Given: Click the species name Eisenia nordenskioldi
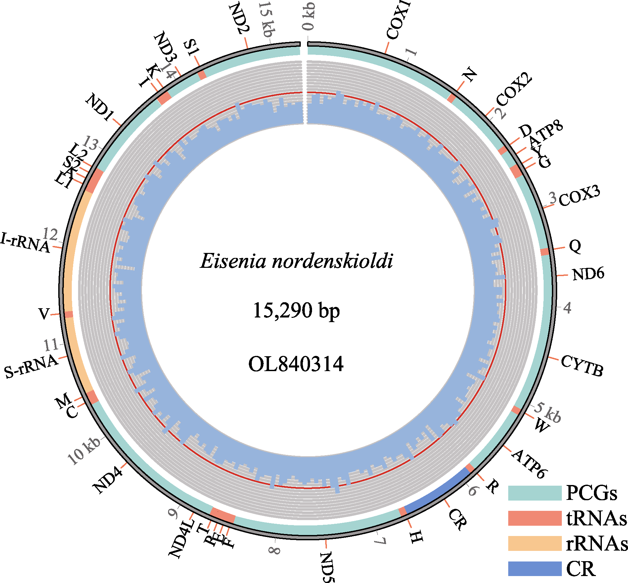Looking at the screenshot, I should [296, 261].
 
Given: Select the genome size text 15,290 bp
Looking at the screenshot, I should [296, 311].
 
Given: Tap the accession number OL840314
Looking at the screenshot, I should [296, 364].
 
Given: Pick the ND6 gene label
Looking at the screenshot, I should [588, 274].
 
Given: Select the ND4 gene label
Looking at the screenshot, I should [108, 479].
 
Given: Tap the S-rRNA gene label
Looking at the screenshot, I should [31, 367].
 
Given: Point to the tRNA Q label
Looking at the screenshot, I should [575, 246].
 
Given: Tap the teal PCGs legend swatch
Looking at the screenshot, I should [535, 493].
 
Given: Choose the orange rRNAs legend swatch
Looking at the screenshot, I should [535, 544].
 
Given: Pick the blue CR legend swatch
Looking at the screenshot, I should [535, 569].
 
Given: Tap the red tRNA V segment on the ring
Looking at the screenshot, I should [69, 314].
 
